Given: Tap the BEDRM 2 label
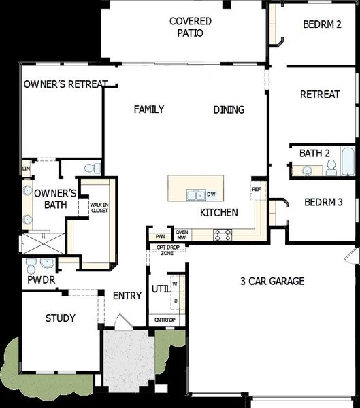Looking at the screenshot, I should click(322, 24).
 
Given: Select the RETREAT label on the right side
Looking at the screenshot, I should click(319, 95).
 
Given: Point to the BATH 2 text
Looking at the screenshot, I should click(314, 153).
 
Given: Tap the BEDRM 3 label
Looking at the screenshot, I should click(323, 202).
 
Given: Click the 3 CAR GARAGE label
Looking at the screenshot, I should click(272, 281).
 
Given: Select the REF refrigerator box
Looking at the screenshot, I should click(257, 189).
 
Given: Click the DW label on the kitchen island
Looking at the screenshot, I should click(211, 194).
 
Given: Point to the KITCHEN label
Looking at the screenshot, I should click(218, 213).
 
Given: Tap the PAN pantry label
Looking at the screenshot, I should click(161, 237).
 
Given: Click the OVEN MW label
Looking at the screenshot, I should click(182, 235).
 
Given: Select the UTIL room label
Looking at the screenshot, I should click(160, 288).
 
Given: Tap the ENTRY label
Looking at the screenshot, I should click(127, 295).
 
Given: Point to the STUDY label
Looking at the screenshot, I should click(61, 318).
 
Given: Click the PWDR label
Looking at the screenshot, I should click(41, 279).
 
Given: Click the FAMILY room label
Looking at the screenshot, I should click(149, 109).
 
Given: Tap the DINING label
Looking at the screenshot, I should click(229, 109).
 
